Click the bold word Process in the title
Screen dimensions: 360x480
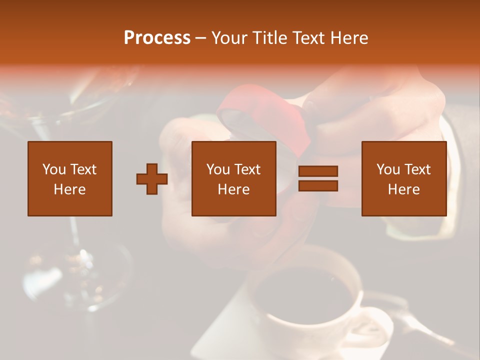pyautogui.click(x=157, y=38)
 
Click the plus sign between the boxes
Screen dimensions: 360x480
pyautogui.click(x=152, y=178)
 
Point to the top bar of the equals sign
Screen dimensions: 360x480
pyautogui.click(x=318, y=171)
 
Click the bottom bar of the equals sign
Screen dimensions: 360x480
pyautogui.click(x=318, y=185)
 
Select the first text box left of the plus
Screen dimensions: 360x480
pyautogui.click(x=69, y=178)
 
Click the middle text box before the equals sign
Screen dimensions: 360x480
pyautogui.click(x=233, y=178)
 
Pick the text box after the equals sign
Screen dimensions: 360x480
pyautogui.click(x=403, y=178)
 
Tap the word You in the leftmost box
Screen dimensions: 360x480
pyautogui.click(x=53, y=169)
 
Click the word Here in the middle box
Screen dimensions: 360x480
pyautogui.click(x=233, y=189)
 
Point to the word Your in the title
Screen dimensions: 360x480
pyautogui.click(x=230, y=38)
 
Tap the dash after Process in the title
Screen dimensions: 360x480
pyautogui.click(x=200, y=38)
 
